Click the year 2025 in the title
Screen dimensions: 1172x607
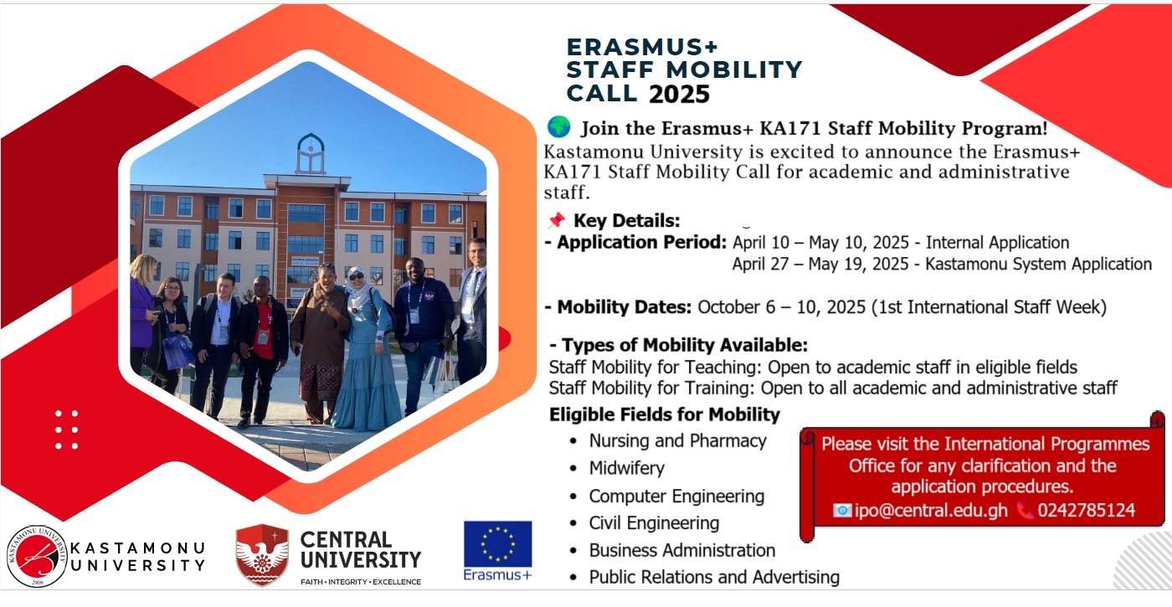tap(679, 94)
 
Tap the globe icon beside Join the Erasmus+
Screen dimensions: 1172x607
tap(559, 126)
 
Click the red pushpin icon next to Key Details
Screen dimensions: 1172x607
tap(557, 220)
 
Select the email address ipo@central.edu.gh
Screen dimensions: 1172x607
tap(931, 510)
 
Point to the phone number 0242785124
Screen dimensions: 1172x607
tap(1087, 510)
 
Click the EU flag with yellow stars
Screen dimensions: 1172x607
tap(497, 544)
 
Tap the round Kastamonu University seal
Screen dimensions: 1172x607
tap(37, 556)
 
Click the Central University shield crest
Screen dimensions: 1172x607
tap(262, 555)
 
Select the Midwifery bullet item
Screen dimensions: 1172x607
tap(626, 468)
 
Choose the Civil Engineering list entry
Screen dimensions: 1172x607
tap(654, 522)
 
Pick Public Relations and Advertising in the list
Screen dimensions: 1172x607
tap(714, 577)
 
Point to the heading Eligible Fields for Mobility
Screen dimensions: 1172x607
tap(665, 414)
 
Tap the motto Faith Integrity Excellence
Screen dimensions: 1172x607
tap(361, 582)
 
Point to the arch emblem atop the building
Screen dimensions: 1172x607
tap(311, 153)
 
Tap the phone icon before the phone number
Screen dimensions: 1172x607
tap(1025, 510)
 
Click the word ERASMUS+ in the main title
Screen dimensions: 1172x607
tap(642, 47)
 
